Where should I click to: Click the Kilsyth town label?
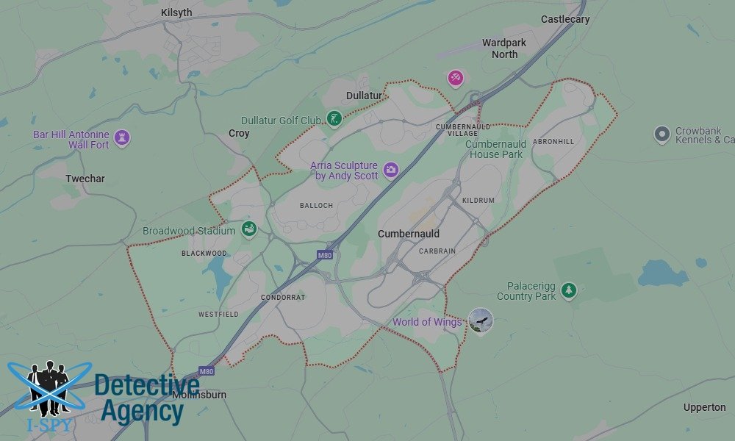(176, 12)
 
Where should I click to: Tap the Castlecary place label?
(564, 19)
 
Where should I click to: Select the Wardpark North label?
(504, 49)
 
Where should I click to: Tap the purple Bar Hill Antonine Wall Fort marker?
(122, 137)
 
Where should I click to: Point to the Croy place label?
(239, 134)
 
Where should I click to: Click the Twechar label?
(85, 179)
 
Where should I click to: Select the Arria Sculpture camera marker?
(391, 169)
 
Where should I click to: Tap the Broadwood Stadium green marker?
(249, 229)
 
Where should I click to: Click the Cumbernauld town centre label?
(409, 234)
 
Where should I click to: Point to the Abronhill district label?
(553, 141)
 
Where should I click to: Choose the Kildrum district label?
(478, 201)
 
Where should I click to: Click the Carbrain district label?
(437, 251)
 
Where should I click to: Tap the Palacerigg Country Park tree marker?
(568, 290)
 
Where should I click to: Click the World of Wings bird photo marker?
(481, 320)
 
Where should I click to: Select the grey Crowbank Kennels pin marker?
(662, 134)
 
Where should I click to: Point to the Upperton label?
(704, 407)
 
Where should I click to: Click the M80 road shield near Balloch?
(325, 255)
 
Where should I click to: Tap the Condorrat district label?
(283, 298)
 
